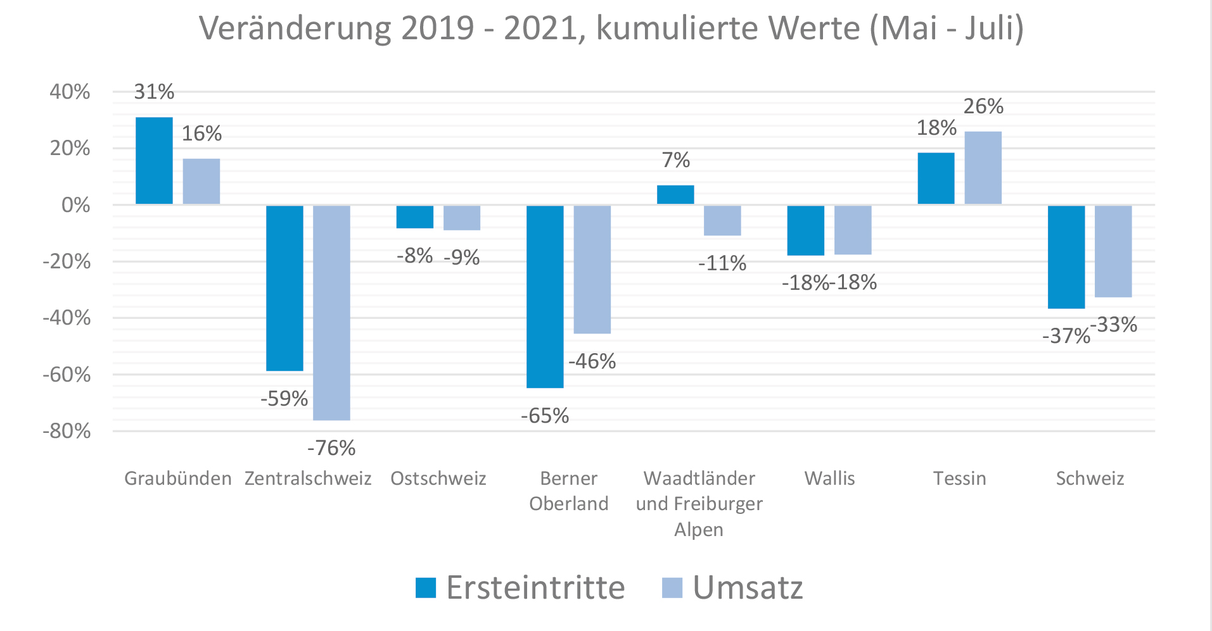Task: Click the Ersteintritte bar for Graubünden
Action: click(x=154, y=161)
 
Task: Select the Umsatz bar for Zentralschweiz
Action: click(x=331, y=313)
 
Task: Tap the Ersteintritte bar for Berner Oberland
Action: click(x=545, y=296)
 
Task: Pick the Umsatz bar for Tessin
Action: click(x=983, y=168)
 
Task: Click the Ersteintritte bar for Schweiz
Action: click(x=1066, y=257)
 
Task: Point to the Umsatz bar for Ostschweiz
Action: click(x=461, y=218)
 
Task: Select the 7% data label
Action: click(x=675, y=160)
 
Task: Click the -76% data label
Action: click(x=331, y=448)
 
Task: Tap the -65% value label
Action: click(x=545, y=416)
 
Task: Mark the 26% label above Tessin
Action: click(x=983, y=106)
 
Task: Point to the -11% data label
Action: click(x=722, y=263)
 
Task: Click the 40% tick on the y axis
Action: click(x=70, y=92)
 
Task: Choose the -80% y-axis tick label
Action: click(x=67, y=431)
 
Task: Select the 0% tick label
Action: click(x=75, y=205)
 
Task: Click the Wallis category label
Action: click(x=829, y=478)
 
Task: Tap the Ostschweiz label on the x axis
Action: click(x=438, y=478)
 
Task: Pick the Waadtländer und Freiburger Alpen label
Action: click(x=699, y=504)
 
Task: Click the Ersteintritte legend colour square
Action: click(x=426, y=587)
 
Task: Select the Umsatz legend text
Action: click(x=748, y=587)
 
